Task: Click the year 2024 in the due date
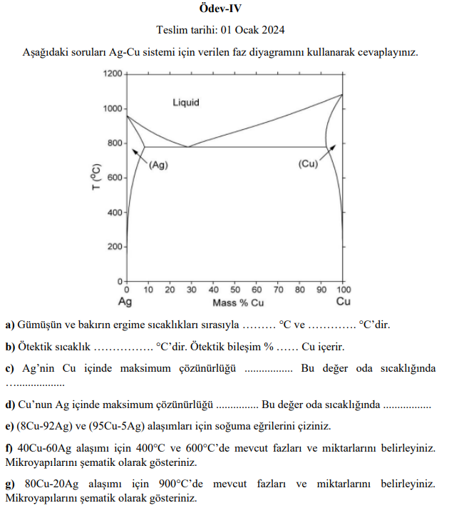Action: click(274, 30)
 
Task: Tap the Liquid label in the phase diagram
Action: click(186, 103)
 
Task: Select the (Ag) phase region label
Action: click(158, 164)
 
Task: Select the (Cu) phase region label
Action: click(308, 164)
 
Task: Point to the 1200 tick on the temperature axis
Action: click(113, 73)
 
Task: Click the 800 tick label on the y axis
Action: click(115, 143)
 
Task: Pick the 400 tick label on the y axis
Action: click(115, 213)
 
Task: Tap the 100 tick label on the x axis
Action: click(343, 290)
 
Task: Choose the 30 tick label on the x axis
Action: click(191, 290)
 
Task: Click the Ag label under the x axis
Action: click(125, 302)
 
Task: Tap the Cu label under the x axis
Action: click(344, 302)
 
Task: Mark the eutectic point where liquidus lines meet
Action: click(188, 147)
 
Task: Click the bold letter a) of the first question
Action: click(10, 325)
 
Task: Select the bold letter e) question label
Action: click(10, 427)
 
